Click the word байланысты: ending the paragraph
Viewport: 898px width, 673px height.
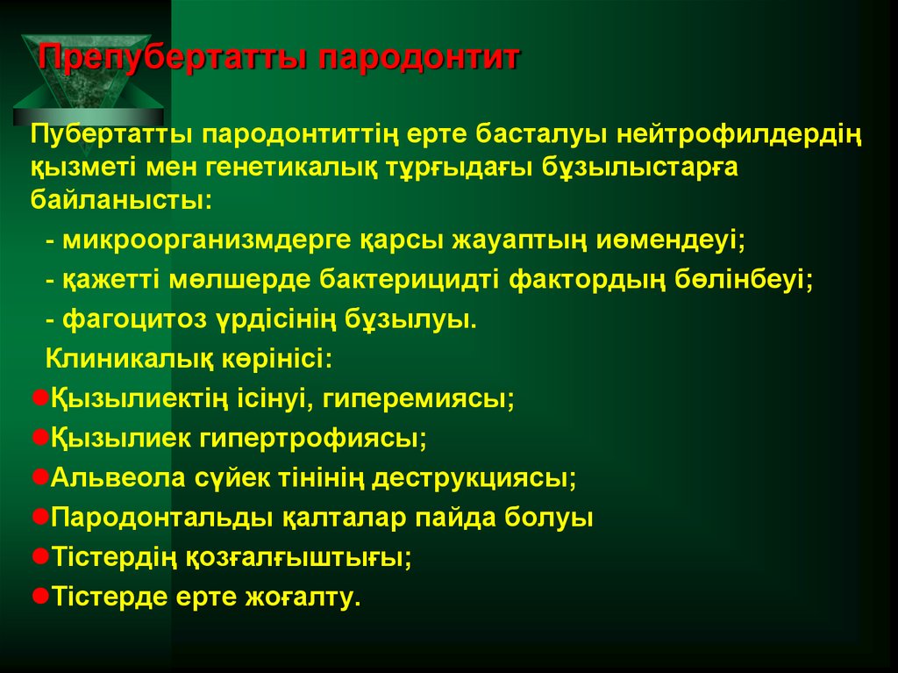(121, 199)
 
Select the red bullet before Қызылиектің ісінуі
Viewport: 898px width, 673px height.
(39, 397)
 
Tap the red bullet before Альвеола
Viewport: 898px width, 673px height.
(39, 476)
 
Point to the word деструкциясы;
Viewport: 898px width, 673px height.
(474, 478)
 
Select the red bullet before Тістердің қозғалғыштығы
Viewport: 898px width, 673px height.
(39, 555)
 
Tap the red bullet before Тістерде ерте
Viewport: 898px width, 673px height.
(39, 595)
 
